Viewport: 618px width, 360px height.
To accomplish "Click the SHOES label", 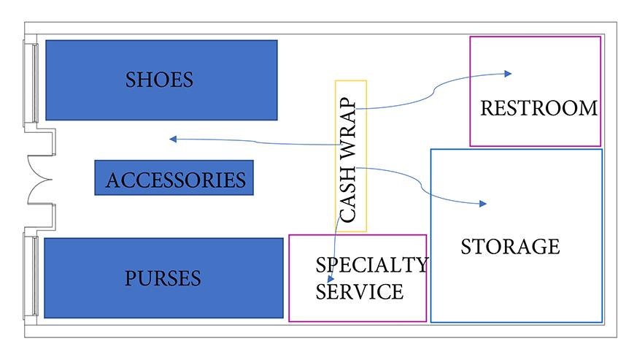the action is tap(159, 80).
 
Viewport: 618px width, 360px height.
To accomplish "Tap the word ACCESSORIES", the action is tap(176, 180).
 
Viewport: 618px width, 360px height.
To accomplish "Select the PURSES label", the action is tap(163, 278).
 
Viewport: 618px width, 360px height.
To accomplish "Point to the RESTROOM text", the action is tap(538, 108).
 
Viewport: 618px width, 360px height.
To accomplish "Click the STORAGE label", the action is tap(511, 247).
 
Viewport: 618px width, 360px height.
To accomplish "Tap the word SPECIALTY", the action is tap(371, 264).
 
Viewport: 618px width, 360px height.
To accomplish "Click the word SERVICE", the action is tap(360, 292).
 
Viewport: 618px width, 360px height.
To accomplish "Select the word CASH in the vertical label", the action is tap(347, 194).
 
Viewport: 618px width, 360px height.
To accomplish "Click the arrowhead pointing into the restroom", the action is tap(508, 73).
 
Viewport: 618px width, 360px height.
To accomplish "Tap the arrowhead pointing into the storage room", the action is tap(483, 204).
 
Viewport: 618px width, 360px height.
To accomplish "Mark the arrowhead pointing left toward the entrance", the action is tap(173, 139).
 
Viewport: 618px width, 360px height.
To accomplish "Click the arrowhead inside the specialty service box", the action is tap(331, 279).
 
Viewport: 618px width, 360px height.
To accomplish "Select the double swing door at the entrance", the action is tap(40, 180).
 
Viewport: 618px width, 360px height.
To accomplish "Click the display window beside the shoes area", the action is tap(31, 83).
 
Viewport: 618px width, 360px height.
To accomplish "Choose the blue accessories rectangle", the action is tap(174, 177).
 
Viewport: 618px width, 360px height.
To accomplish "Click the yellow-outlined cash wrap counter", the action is tap(351, 156).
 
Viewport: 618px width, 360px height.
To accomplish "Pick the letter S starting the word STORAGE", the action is tap(466, 247).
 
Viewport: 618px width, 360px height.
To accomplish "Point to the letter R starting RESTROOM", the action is tap(487, 108).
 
